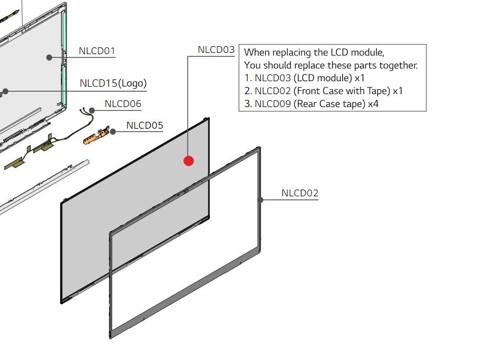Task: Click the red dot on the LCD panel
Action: pyautogui.click(x=188, y=161)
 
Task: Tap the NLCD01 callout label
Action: pyautogui.click(x=97, y=51)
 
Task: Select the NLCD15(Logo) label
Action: pyautogui.click(x=113, y=83)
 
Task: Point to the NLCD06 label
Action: pyautogui.click(x=123, y=104)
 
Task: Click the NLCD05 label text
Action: pyautogui.click(x=145, y=126)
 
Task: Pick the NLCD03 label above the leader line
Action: pyautogui.click(x=216, y=50)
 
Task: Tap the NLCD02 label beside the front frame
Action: pyautogui.click(x=300, y=193)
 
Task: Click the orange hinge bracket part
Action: pyautogui.click(x=96, y=136)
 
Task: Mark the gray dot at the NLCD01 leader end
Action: pyautogui.click(x=49, y=57)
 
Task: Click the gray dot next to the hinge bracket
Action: pyautogui.click(x=113, y=132)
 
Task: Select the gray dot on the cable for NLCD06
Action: pyautogui.click(x=92, y=110)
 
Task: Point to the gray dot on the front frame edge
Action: pyautogui.click(x=261, y=200)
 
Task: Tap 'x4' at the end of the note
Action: pyautogui.click(x=373, y=104)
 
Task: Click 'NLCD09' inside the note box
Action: pyautogui.click(x=273, y=104)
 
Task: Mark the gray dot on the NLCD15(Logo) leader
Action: pyautogui.click(x=6, y=92)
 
